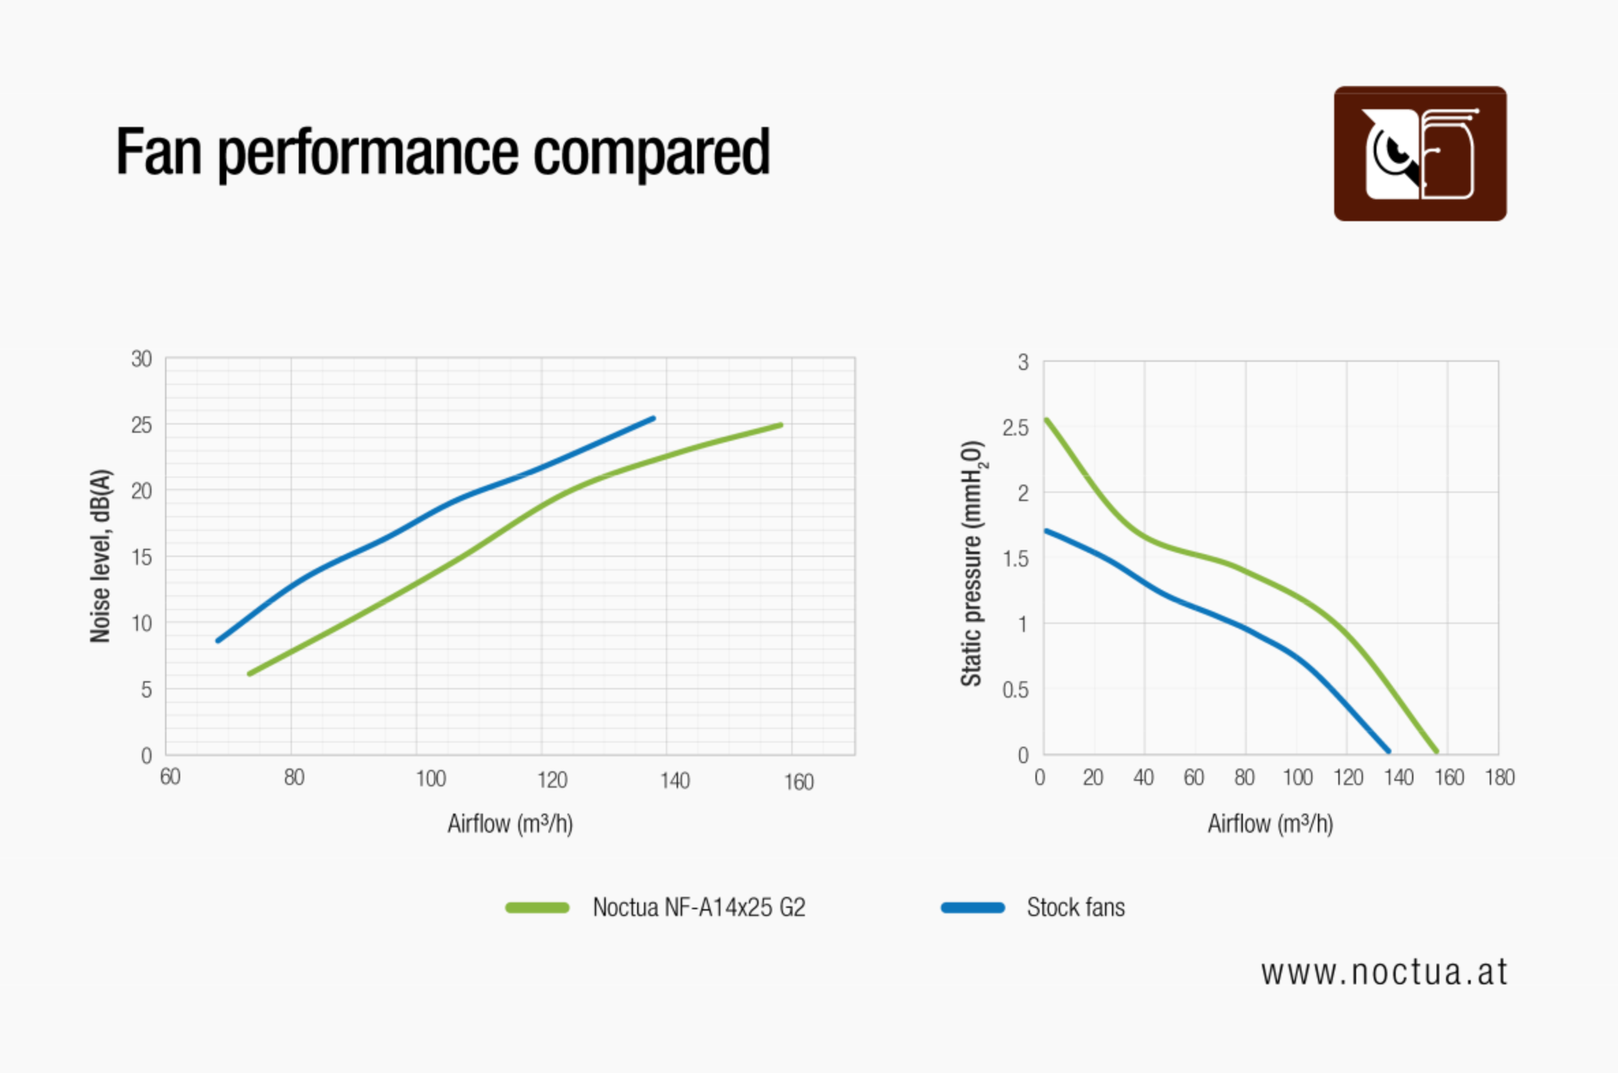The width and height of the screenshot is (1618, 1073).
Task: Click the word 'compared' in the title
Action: pos(651,152)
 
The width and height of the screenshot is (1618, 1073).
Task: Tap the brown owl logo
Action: pos(1420,154)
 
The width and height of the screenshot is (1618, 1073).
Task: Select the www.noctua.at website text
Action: pos(1384,973)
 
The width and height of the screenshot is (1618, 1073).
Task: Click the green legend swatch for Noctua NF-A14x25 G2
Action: pos(537,908)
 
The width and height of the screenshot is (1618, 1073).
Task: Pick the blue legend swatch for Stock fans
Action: pos(973,908)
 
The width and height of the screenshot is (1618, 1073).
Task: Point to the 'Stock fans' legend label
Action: pos(1076,907)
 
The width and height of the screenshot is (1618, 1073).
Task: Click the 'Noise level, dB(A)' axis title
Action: pos(100,556)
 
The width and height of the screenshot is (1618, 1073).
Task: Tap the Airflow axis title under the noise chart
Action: pos(510,823)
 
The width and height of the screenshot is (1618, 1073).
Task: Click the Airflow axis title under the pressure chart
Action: pos(1270,823)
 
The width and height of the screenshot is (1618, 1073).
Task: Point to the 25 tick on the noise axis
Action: pos(142,426)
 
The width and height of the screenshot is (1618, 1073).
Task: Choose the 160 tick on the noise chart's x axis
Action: pos(798,782)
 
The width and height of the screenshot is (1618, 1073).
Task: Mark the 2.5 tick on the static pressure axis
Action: pos(1016,428)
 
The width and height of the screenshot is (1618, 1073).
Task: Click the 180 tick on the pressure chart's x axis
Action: pos(1500,777)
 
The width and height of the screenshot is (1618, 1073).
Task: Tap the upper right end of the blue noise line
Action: pos(653,418)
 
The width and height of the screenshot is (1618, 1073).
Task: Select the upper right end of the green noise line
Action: pos(780,425)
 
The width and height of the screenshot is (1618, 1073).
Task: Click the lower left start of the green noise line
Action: pos(250,674)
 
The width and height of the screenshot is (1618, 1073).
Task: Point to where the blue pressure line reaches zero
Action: pos(1387,752)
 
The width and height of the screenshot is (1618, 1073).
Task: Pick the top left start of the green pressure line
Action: pos(1046,420)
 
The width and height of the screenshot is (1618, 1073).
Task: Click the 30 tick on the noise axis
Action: pos(142,359)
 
